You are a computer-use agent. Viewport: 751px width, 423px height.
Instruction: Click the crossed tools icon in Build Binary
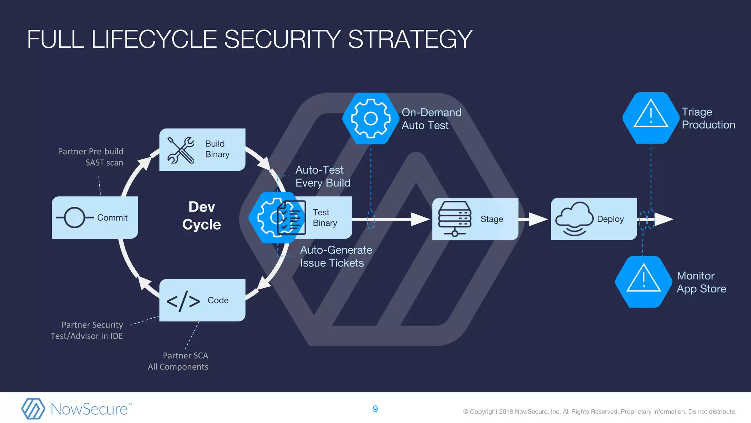click(180, 150)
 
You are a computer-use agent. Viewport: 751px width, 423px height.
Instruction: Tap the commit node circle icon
click(74, 217)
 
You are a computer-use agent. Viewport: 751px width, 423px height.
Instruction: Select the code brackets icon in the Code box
click(183, 301)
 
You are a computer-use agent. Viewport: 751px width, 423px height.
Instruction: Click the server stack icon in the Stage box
click(455, 218)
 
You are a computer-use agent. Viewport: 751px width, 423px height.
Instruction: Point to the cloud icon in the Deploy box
click(574, 218)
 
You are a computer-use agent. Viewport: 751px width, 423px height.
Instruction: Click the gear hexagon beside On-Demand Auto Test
click(370, 118)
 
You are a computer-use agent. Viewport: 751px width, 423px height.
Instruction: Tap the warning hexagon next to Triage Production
click(651, 118)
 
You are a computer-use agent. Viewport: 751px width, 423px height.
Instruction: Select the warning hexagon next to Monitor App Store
click(643, 282)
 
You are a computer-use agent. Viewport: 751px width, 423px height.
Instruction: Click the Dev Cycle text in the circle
click(202, 216)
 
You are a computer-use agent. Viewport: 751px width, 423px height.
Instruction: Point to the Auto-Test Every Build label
click(323, 176)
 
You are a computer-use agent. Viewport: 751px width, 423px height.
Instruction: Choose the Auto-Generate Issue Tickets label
click(336, 256)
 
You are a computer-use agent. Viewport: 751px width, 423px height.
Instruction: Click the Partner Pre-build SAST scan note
click(91, 157)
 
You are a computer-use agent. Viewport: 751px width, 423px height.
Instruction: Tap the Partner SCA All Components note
click(178, 361)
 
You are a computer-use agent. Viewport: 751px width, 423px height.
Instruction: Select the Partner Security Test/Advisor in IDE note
click(87, 330)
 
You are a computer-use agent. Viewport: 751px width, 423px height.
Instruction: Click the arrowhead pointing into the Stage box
click(420, 219)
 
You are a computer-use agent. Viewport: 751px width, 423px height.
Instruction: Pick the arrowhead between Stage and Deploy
click(538, 219)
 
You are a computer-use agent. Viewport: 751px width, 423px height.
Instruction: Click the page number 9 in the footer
click(375, 409)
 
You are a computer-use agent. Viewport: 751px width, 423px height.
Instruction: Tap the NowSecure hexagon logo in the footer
click(33, 408)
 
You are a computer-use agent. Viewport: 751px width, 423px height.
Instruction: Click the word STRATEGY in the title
click(410, 39)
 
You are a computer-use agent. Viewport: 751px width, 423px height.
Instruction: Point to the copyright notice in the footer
click(600, 412)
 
